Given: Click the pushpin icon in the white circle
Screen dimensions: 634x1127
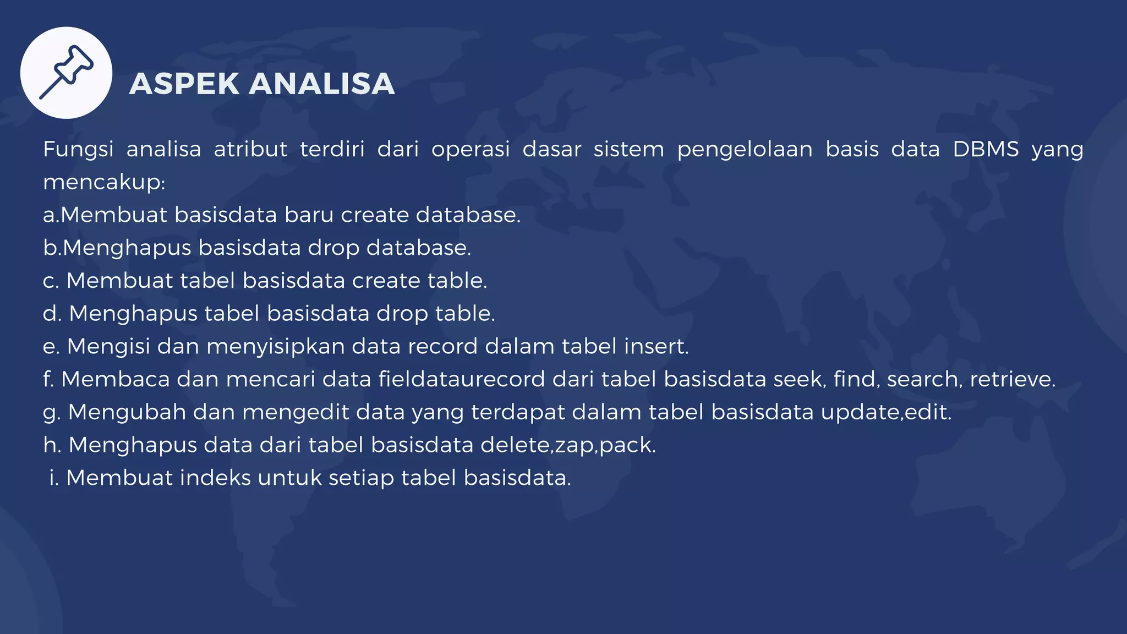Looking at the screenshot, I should coord(67,73).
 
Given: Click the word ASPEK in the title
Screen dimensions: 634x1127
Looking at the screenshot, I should coord(184,84).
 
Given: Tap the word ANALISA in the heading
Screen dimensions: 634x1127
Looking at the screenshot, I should coord(322,84).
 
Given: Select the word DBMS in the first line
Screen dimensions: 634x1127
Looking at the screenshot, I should coord(986,149).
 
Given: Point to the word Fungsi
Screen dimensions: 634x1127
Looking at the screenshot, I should coord(78,149).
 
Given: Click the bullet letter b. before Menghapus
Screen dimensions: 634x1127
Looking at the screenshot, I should coord(51,248).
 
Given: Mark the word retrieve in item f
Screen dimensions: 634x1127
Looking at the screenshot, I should coord(1012,379).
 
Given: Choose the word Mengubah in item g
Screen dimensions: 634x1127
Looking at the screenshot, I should coord(127,412).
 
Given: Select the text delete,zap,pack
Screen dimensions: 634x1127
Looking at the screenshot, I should coord(568,445).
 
